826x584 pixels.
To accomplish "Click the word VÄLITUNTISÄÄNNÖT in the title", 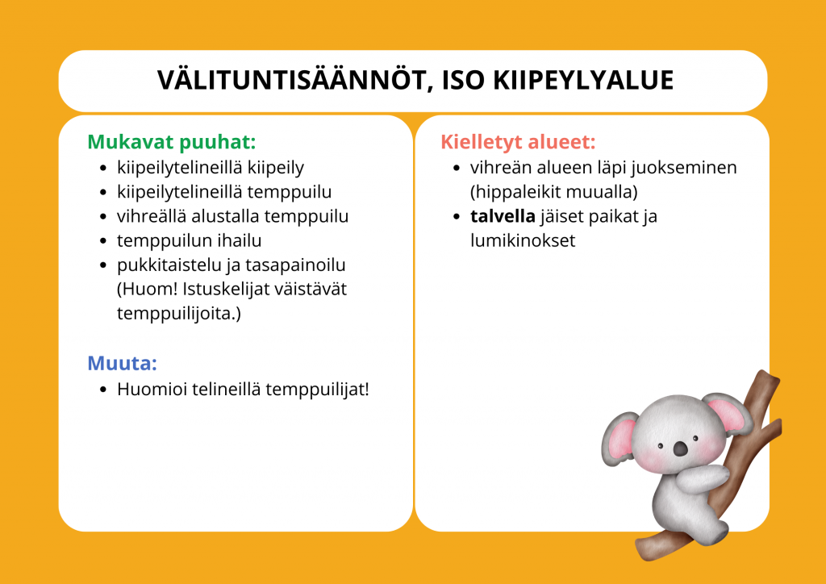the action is [294, 81].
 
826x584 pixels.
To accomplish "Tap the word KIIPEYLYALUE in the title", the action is [583, 80].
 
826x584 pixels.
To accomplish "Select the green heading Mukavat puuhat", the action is [171, 143].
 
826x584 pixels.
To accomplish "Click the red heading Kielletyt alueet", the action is [518, 142].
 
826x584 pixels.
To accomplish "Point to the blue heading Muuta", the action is [123, 363].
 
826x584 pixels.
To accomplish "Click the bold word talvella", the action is [503, 216].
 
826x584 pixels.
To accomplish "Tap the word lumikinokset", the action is [523, 240].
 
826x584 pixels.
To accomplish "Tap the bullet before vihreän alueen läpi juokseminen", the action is [457, 169].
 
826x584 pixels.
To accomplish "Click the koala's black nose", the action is [681, 448].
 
